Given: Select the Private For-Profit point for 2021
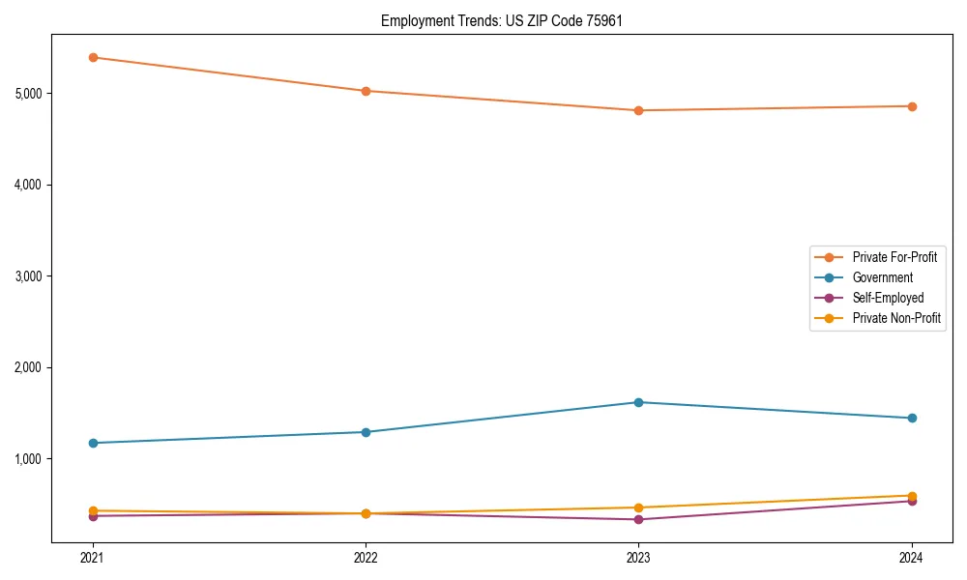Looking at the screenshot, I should [93, 57].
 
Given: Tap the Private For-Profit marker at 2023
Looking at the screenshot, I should [638, 110].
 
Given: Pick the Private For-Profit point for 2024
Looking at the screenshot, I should [912, 106].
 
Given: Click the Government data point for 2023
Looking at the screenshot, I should [638, 402].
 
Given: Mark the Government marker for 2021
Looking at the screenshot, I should [93, 443].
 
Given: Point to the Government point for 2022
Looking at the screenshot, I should [366, 432].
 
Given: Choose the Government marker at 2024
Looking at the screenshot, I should [912, 418].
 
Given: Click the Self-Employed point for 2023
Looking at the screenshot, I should [638, 519].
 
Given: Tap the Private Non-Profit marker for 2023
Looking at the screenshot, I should [638, 507].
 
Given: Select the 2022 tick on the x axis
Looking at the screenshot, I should [366, 558].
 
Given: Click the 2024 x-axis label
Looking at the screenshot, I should [912, 558].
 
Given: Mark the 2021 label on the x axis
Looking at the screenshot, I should [93, 558].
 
